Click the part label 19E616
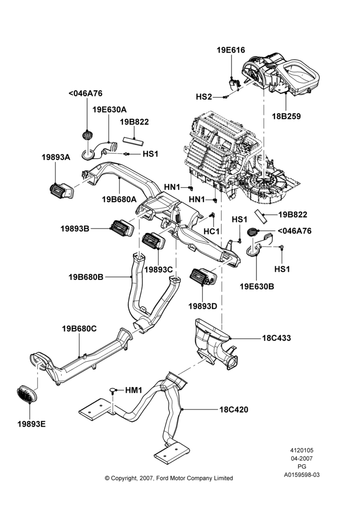pyautogui.click(x=231, y=50)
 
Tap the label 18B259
pyautogui.click(x=286, y=116)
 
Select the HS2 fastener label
pyautogui.click(x=204, y=97)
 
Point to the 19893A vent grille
pyautogui.click(x=62, y=191)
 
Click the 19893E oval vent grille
pyautogui.click(x=26, y=394)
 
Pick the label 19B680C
pyautogui.click(x=79, y=329)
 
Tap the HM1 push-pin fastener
pyautogui.click(x=113, y=390)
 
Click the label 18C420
pyautogui.click(x=234, y=410)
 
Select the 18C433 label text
pyautogui.click(x=277, y=338)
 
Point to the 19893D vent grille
pyautogui.click(x=203, y=277)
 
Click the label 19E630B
pyautogui.click(x=257, y=287)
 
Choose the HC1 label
pyautogui.click(x=212, y=232)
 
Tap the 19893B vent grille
pyautogui.click(x=122, y=228)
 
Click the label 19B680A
pyautogui.click(x=119, y=199)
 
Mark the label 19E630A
pyautogui.click(x=110, y=110)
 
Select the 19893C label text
pyautogui.click(x=159, y=270)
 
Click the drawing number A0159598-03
pyautogui.click(x=302, y=474)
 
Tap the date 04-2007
pyautogui.click(x=302, y=458)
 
